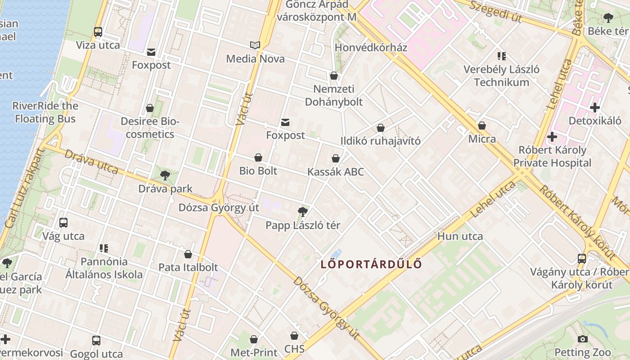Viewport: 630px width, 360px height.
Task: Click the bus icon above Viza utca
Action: pyautogui.click(x=98, y=32)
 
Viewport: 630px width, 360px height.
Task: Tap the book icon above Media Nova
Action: pyautogui.click(x=255, y=45)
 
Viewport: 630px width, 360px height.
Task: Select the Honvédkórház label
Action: pyautogui.click(x=371, y=48)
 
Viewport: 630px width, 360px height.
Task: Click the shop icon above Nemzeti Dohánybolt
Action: pyautogui.click(x=334, y=76)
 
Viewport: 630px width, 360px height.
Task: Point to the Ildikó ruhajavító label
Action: pyautogui.click(x=380, y=141)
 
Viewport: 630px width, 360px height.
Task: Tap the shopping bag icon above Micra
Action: pyautogui.click(x=482, y=126)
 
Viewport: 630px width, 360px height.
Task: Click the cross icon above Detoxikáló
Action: pyautogui.click(x=595, y=108)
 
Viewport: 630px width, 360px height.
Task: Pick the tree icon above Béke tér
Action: pyautogui.click(x=608, y=18)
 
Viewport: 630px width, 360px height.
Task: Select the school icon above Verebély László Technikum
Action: pyautogui.click(x=502, y=56)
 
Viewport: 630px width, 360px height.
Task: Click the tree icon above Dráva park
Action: pyautogui.click(x=165, y=175)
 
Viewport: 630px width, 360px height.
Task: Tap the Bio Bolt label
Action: pyautogui.click(x=258, y=171)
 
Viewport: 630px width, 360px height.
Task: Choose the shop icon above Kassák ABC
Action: pyautogui.click(x=336, y=158)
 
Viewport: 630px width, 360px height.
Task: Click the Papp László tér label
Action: pyautogui.click(x=303, y=225)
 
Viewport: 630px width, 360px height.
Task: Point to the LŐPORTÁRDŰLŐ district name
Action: pyautogui.click(x=371, y=264)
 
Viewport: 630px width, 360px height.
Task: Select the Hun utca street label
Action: pyautogui.click(x=460, y=236)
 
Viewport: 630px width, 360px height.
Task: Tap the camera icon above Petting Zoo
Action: pyautogui.click(x=583, y=339)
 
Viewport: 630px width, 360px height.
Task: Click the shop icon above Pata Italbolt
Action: pyautogui.click(x=188, y=254)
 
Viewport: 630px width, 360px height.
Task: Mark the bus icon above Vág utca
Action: pyautogui.click(x=63, y=223)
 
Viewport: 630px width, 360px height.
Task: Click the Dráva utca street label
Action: pyautogui.click(x=91, y=161)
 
